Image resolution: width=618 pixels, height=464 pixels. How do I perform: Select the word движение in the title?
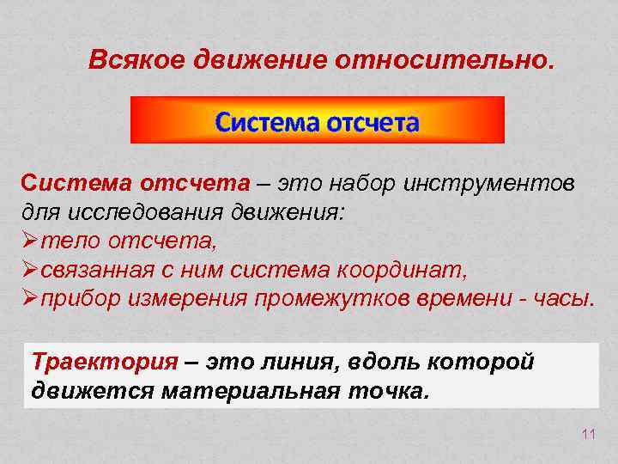pos(258,61)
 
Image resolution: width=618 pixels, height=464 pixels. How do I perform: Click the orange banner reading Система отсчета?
pos(317,120)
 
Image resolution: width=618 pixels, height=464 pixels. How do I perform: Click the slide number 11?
pos(588,435)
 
